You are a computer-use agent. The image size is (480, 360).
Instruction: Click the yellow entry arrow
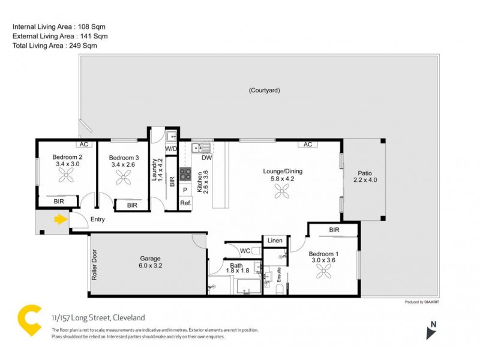pyautogui.click(x=60, y=220)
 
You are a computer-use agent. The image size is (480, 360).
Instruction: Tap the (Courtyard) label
pyautogui.click(x=265, y=91)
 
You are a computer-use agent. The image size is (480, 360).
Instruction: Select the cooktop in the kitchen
pyautogui.click(x=185, y=175)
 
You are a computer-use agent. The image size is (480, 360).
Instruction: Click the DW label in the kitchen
pyautogui.click(x=206, y=158)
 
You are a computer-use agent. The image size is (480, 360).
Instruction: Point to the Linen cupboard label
pyautogui.click(x=275, y=240)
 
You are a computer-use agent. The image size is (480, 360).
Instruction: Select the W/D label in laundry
pyautogui.click(x=171, y=148)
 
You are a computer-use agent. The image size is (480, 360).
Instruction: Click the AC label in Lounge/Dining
pyautogui.click(x=308, y=145)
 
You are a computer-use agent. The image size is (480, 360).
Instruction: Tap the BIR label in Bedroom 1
pyautogui.click(x=334, y=230)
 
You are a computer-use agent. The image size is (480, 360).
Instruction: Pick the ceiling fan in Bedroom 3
pyautogui.click(x=125, y=177)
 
